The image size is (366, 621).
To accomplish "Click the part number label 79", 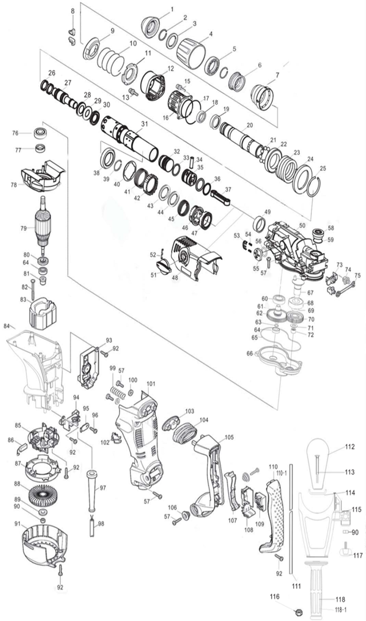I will point(24,228).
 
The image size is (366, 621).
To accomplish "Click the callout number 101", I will point(151,384).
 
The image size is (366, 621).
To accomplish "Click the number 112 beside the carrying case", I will point(350,447).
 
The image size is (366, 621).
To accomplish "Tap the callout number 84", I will point(7,327).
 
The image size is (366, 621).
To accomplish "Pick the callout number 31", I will point(144,123).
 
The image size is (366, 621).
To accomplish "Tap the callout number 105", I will point(229,437).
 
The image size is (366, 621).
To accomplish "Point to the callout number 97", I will point(103,488).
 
